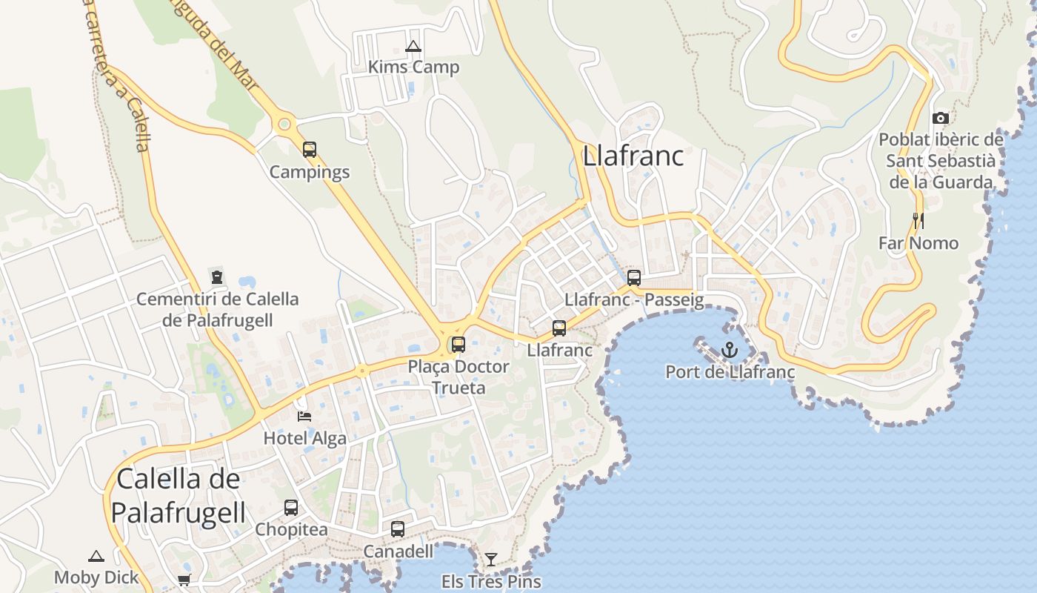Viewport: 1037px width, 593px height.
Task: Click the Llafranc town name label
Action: pos(633,156)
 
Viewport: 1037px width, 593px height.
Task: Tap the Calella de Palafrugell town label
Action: pos(179,494)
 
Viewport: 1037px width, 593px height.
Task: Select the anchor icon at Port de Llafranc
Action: pos(730,348)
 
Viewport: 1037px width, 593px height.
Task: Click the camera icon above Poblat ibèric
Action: pos(941,118)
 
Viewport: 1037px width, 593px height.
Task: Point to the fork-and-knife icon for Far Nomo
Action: pos(918,220)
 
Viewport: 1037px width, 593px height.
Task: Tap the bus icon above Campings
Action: pos(310,150)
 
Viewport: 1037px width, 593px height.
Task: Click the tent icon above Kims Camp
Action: pos(413,46)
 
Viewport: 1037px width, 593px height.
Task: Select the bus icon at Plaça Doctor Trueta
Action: pos(459,344)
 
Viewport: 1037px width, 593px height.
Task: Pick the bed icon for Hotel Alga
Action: pos(304,417)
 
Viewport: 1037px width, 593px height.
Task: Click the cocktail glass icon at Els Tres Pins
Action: pos(491,559)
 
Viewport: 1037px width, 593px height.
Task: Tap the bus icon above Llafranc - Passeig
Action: pos(634,278)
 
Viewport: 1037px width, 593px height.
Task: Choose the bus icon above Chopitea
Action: pos(291,508)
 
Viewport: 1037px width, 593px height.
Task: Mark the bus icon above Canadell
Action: pos(398,529)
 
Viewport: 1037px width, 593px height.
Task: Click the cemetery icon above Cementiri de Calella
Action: pos(217,277)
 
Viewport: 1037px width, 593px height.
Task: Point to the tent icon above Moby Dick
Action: pos(96,556)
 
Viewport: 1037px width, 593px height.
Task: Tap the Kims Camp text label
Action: pos(413,67)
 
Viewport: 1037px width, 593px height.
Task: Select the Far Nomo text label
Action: pos(918,243)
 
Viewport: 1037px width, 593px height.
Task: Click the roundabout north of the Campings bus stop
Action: pos(284,125)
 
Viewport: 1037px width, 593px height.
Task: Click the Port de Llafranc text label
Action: pos(730,372)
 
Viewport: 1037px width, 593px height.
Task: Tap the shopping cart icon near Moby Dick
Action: pos(184,580)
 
